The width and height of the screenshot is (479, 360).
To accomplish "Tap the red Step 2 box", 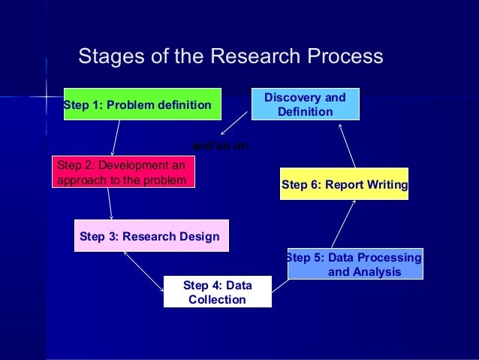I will pos(123,172).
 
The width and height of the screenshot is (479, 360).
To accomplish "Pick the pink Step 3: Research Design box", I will pos(150,237).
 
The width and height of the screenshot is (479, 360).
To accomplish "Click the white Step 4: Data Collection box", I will pos(217,292).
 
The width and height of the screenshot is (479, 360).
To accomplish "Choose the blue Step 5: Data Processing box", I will pos(355,265).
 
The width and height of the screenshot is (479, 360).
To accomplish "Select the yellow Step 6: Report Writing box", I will pos(344,184).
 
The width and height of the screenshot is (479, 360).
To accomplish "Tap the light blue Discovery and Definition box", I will pos(305,104).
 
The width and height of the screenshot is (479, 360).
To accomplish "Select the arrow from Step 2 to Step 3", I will pos(110,203).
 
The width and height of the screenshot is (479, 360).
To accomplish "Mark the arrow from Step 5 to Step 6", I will pos(342,223).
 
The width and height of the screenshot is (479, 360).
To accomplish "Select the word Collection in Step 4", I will pos(217,300).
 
